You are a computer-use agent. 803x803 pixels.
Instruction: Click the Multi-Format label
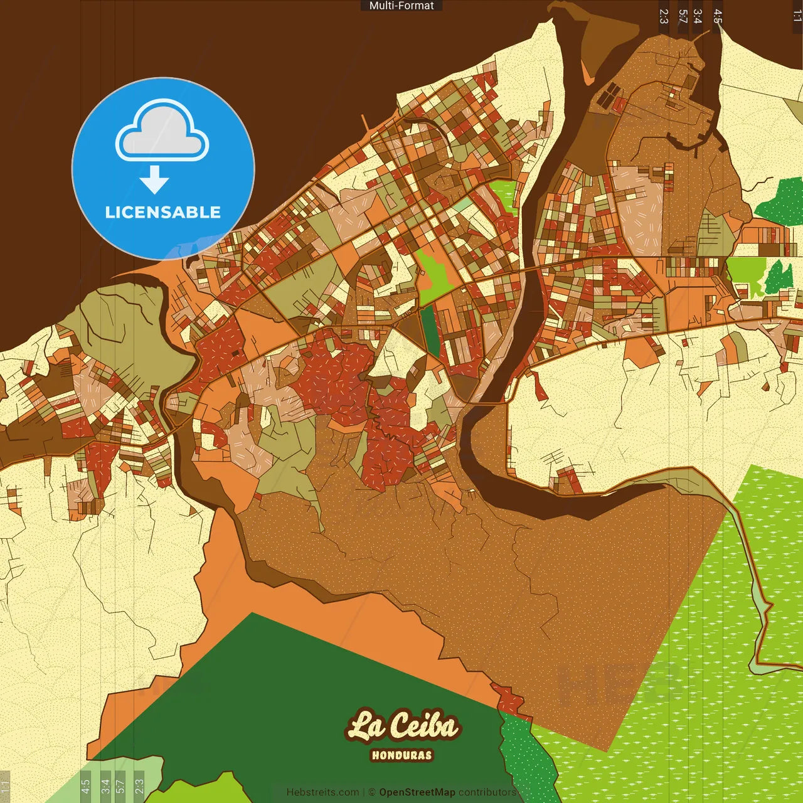[401, 6]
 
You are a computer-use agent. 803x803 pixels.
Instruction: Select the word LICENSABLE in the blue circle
[163, 212]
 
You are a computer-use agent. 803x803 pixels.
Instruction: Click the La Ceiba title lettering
[402, 726]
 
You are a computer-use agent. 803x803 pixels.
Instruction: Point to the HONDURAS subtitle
[402, 755]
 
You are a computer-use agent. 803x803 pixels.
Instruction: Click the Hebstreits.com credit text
[322, 792]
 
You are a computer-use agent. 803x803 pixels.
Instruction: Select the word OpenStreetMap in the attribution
[417, 792]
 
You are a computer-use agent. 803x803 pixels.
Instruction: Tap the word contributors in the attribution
[487, 792]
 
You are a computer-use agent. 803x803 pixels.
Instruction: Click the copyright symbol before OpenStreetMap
[371, 792]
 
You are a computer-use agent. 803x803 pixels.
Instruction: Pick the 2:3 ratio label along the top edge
[664, 16]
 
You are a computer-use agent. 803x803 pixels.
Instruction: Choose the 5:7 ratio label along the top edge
[683, 16]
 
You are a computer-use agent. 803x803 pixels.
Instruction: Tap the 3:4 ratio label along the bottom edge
[105, 786]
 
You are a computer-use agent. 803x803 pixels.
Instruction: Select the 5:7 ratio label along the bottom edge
[120, 786]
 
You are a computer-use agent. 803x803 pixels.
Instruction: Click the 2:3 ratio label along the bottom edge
[139, 786]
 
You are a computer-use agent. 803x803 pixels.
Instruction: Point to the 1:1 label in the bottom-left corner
[5, 786]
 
